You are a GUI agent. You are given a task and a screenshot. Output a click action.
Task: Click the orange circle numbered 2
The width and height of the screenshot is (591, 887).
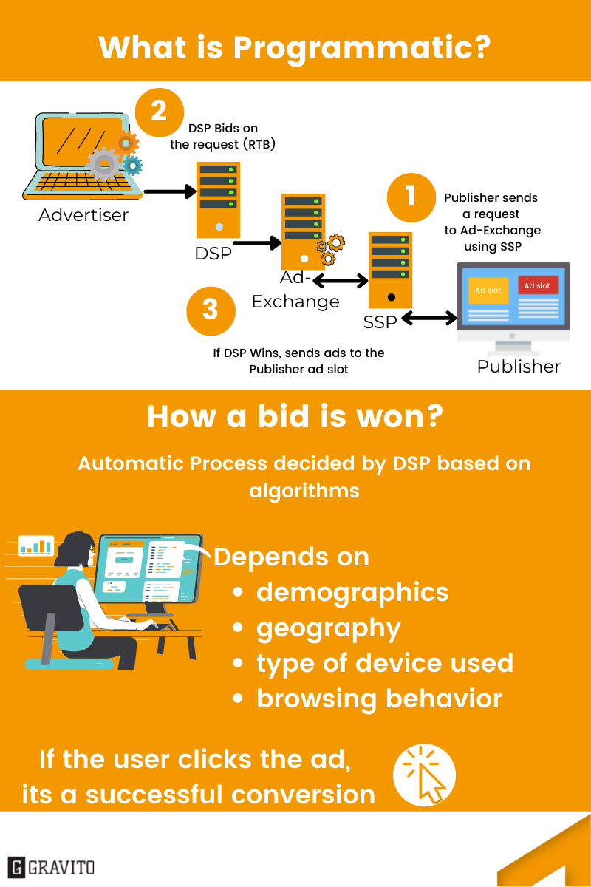click(x=159, y=112)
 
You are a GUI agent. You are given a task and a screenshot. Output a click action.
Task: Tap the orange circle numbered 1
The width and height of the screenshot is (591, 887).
click(x=411, y=197)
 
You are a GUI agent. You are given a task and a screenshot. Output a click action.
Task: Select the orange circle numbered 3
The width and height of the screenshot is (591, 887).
click(x=211, y=311)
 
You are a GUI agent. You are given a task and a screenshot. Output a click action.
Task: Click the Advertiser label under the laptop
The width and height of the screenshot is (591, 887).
click(x=83, y=215)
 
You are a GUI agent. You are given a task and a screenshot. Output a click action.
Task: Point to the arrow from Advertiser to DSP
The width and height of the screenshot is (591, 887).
click(x=170, y=191)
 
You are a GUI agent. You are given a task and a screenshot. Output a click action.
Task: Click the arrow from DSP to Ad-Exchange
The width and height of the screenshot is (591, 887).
click(x=257, y=242)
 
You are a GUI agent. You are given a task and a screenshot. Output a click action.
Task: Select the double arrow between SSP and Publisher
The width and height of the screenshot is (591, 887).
click(x=429, y=318)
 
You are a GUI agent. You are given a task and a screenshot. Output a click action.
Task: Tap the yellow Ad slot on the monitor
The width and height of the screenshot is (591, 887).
click(x=488, y=290)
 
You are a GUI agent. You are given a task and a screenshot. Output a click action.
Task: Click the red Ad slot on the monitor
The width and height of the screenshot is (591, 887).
click(x=539, y=285)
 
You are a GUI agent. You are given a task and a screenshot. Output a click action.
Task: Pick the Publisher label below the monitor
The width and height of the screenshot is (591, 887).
click(x=519, y=367)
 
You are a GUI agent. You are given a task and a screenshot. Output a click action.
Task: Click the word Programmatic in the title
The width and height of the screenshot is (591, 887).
click(x=362, y=49)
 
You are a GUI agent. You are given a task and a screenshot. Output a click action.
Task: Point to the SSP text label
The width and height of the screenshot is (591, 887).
click(x=380, y=322)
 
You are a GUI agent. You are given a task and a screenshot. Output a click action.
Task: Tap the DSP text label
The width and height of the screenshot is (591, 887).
click(x=213, y=254)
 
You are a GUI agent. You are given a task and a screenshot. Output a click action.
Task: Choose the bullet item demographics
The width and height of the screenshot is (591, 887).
click(x=352, y=593)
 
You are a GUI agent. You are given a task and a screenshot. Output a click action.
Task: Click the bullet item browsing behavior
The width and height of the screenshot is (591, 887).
click(x=379, y=699)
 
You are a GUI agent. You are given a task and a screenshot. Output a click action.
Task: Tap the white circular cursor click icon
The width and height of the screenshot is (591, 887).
click(x=424, y=775)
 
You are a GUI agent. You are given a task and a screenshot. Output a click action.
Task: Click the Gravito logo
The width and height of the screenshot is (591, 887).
click(x=51, y=867)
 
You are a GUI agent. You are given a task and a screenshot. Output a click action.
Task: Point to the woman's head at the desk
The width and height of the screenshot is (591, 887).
click(x=75, y=550)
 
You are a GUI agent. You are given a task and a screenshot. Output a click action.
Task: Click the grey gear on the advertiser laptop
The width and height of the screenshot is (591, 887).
click(x=103, y=164)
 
